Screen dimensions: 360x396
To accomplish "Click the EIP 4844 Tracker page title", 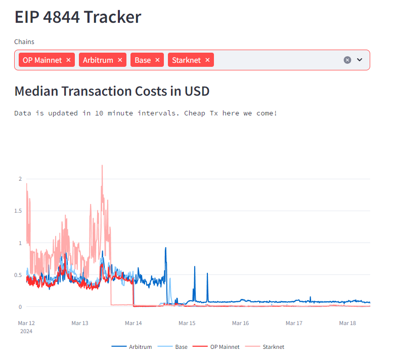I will [77, 17].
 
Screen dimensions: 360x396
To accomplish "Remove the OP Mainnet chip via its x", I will [69, 60].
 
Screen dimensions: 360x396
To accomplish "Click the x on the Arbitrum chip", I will [120, 60].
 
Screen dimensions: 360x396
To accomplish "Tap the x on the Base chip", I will [157, 60].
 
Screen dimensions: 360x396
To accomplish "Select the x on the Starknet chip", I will [207, 60].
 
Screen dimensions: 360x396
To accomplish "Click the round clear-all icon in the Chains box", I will [347, 60].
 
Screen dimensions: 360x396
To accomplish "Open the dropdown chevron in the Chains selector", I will [360, 60].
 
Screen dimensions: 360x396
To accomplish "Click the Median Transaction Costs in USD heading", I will [112, 91].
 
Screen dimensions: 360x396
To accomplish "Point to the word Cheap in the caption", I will [195, 113].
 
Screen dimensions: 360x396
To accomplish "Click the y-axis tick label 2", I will [20, 179].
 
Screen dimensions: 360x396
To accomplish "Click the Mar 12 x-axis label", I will [26, 323].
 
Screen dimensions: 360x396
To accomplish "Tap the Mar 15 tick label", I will [187, 323].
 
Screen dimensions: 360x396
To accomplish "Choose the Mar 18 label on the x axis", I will [347, 323].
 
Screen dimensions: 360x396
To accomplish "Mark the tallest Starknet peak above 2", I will [102, 166].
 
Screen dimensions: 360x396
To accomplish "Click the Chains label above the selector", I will [24, 42].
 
